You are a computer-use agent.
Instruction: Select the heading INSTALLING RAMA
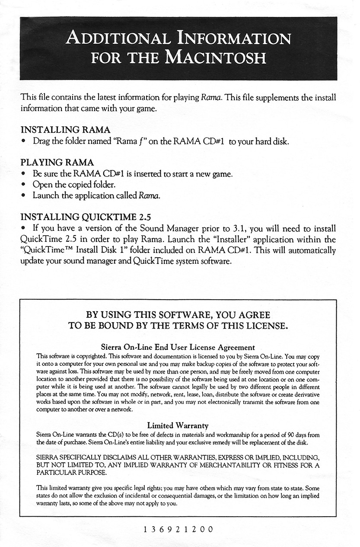[65, 130]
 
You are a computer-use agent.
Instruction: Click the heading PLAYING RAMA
[57, 163]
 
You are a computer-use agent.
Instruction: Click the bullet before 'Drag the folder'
[25, 142]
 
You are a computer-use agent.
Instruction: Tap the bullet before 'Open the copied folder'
[25, 185]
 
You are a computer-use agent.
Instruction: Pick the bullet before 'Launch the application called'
[25, 196]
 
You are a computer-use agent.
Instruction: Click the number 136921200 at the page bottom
[178, 529]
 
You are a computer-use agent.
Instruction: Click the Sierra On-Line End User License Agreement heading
[178, 347]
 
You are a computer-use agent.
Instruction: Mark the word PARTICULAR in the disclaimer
[57, 473]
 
